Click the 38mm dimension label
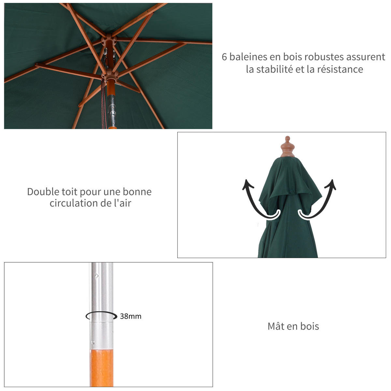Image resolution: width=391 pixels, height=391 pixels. coord(131,316)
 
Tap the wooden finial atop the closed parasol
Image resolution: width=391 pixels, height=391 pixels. coord(287,147)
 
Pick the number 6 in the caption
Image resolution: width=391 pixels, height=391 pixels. coord(224,57)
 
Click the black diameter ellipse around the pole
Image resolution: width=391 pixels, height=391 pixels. coord(101,316)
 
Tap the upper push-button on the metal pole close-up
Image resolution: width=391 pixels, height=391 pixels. coord(96,276)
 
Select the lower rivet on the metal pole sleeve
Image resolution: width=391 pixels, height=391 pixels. coord(93,342)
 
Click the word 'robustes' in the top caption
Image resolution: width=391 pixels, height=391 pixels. coord(324,57)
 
